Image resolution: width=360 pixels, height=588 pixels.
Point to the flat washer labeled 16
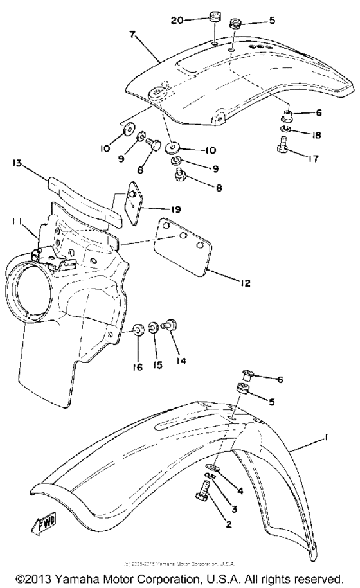click(x=139, y=332)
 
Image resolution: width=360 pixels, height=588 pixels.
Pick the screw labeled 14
click(x=171, y=328)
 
